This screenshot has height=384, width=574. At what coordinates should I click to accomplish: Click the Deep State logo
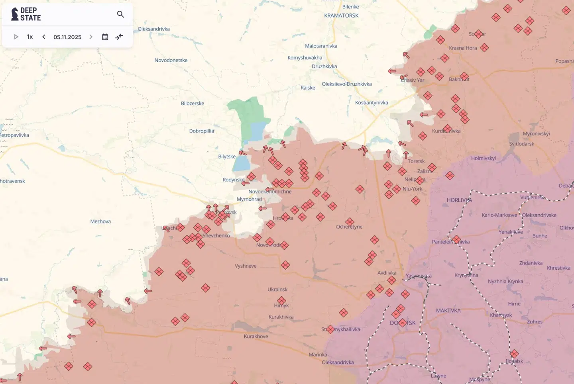coord(26,14)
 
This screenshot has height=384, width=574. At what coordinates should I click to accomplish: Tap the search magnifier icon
coord(120,14)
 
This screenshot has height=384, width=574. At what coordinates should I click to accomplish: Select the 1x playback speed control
coord(30,37)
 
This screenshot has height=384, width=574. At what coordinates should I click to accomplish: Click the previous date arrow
coord(44,37)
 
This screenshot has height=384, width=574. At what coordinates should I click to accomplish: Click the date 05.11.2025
coord(67,37)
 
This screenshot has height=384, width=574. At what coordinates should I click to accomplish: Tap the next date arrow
coord(91,37)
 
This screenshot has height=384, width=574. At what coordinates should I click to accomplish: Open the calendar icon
coord(105,37)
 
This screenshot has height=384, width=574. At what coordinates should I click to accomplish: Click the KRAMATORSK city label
coord(341,16)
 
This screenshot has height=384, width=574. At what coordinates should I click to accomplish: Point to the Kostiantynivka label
coord(372,102)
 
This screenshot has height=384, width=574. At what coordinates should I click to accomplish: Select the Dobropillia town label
coord(202,131)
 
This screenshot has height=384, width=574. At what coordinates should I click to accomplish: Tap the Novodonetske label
coord(171,60)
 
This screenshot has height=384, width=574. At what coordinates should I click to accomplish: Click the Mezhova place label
coord(100,221)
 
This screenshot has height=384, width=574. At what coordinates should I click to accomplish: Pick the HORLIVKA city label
coord(459,200)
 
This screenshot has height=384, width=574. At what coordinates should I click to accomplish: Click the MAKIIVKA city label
coord(448,310)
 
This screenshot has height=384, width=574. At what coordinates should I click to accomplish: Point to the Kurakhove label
coord(256,336)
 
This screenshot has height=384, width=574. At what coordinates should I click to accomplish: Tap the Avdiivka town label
coord(387,273)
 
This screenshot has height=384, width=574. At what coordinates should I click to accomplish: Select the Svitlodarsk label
coord(521,144)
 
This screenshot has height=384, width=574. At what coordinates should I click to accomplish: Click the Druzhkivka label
coord(324,67)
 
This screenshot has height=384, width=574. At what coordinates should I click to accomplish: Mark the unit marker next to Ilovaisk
coord(514,354)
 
